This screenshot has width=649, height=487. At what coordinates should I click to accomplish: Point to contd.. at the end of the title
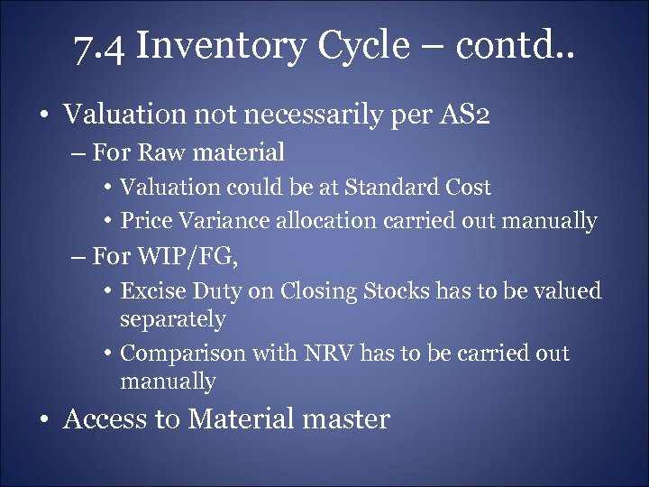coord(523,45)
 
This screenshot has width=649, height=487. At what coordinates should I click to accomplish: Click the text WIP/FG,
coord(188,257)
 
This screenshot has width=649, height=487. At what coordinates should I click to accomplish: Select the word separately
coord(172,319)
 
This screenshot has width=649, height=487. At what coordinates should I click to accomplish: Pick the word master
coord(346,419)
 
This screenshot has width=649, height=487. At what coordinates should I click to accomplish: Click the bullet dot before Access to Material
coord(43,420)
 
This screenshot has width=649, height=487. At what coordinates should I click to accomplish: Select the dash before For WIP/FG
coord(79,258)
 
